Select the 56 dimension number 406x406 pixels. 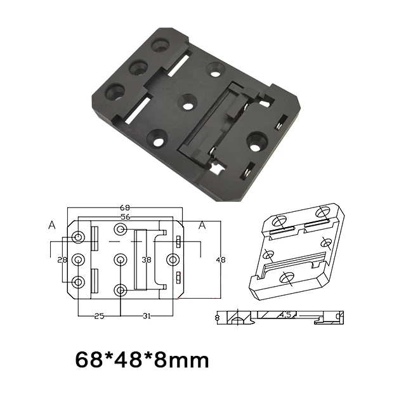coord(125,217)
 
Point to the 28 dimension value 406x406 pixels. coord(62,260)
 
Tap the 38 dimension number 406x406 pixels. coord(147,260)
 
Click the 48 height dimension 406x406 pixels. coord(221,260)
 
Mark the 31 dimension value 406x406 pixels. coord(146,317)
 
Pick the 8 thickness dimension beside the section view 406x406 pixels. coord(217,317)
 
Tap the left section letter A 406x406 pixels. coord(51,225)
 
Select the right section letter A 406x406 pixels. coord(202,225)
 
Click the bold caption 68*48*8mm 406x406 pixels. coord(141,361)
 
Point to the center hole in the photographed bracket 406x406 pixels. coord(188,101)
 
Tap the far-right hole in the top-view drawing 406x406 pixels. coord(171,259)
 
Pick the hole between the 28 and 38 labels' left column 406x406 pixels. coord(78,259)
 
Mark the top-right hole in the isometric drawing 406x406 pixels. coord(324,213)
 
